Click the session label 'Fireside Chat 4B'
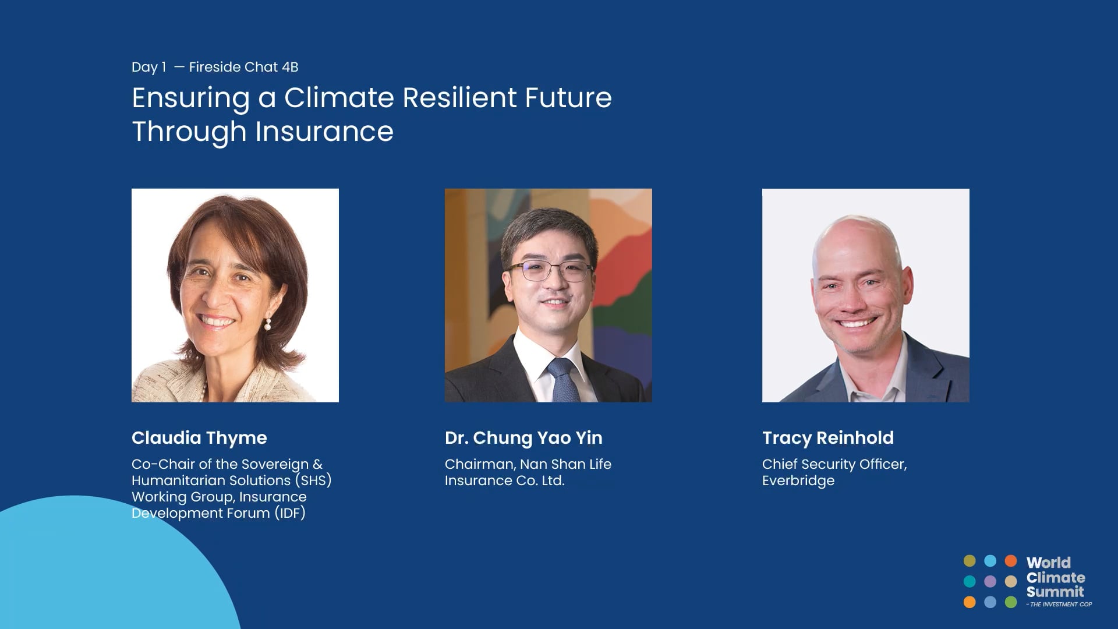click(x=243, y=67)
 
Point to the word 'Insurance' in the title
click(x=324, y=131)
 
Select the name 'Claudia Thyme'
click(x=199, y=438)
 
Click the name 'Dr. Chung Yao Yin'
click(x=523, y=438)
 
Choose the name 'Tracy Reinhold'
click(x=827, y=438)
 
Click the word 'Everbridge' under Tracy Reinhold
click(x=798, y=480)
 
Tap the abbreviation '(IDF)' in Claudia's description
click(x=290, y=513)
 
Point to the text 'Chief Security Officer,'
click(x=834, y=464)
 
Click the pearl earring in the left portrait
click(x=268, y=324)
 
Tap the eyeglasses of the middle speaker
click(x=549, y=271)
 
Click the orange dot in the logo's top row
click(x=1011, y=561)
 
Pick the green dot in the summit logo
click(x=1011, y=602)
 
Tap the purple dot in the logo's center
click(x=990, y=581)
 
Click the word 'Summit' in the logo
click(x=1055, y=592)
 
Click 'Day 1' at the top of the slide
click(x=149, y=67)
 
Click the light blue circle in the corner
click(x=105, y=571)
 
